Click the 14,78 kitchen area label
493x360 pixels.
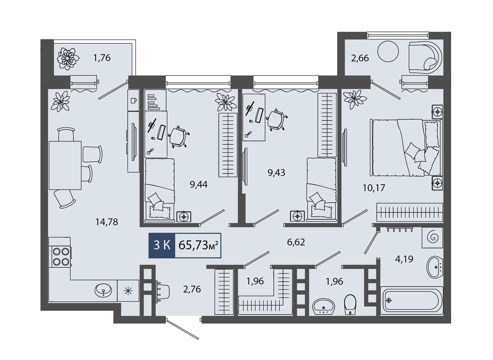point(107,222)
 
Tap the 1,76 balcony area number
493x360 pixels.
point(102,58)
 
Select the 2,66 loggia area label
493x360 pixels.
point(360,58)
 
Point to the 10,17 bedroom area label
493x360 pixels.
point(374,188)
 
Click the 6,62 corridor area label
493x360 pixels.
point(296,242)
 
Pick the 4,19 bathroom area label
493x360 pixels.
point(404,259)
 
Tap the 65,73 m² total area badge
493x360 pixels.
point(198,245)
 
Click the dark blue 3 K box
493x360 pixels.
point(162,245)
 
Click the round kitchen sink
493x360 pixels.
point(103,290)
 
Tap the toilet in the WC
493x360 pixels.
point(350,304)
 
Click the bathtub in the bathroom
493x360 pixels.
point(411,300)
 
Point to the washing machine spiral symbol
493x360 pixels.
point(432,238)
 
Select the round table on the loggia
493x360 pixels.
point(388,51)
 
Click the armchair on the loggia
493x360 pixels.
point(425,57)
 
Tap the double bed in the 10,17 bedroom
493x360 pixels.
point(406,147)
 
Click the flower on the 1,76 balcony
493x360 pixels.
point(68,59)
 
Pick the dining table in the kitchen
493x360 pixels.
point(65,165)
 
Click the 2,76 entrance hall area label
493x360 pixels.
point(192,289)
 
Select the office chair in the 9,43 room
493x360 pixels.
point(276,120)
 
